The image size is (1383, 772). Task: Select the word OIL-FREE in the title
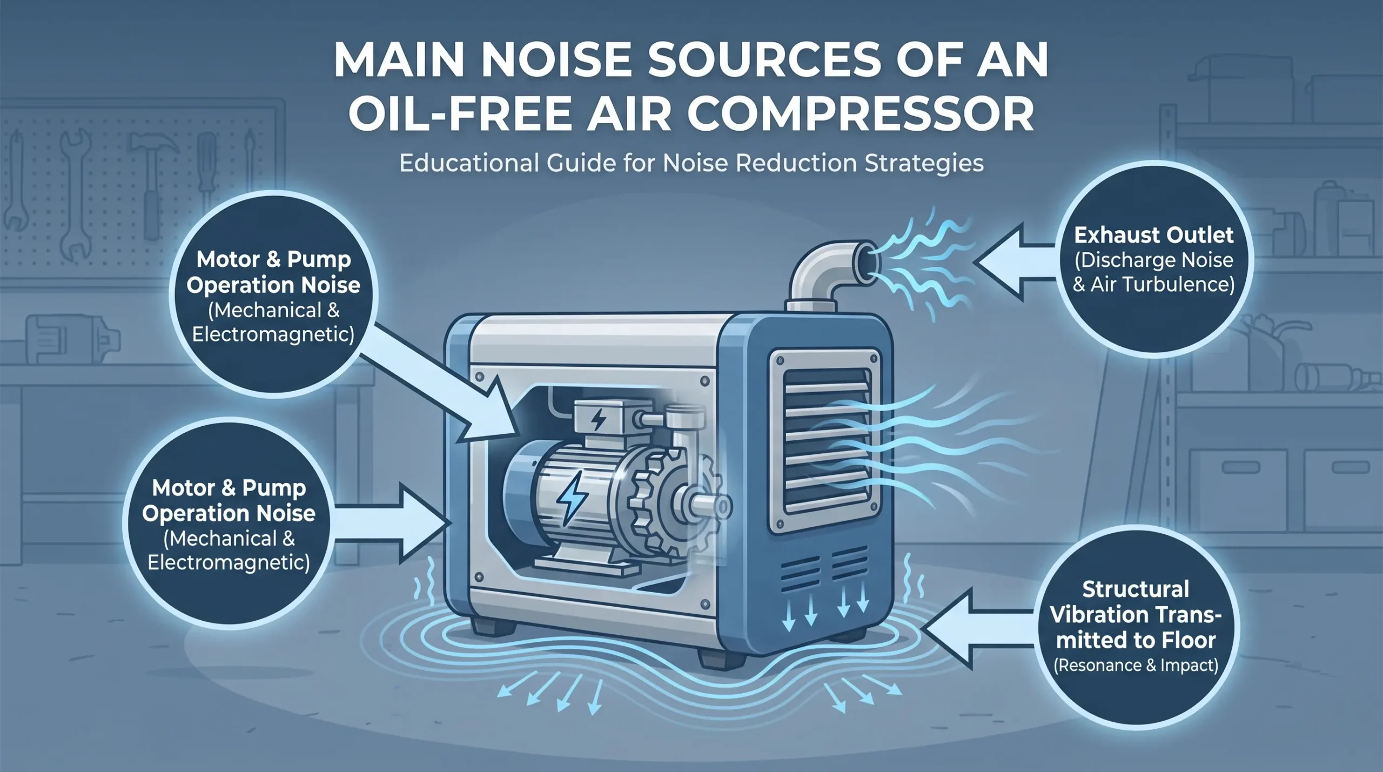[459, 114]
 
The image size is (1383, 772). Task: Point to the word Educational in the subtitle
[469, 163]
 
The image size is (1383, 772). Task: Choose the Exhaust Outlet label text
[1153, 235]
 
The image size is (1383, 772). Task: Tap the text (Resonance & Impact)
[1136, 665]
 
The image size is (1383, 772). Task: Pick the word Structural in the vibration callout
[1136, 589]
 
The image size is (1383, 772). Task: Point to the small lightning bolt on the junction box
[599, 420]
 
